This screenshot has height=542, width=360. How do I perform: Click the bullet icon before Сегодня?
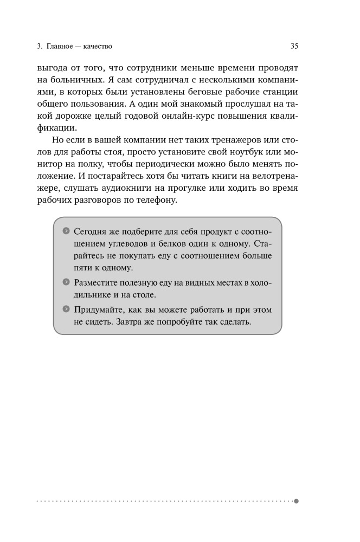pyautogui.click(x=66, y=230)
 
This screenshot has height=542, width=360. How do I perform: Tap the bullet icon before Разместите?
pyautogui.click(x=66, y=282)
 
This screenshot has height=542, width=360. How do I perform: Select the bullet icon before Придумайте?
pyautogui.click(x=66, y=309)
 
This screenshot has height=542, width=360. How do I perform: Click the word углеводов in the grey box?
pyautogui.click(x=124, y=242)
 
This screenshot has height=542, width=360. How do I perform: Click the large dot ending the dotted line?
pyautogui.click(x=296, y=501)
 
